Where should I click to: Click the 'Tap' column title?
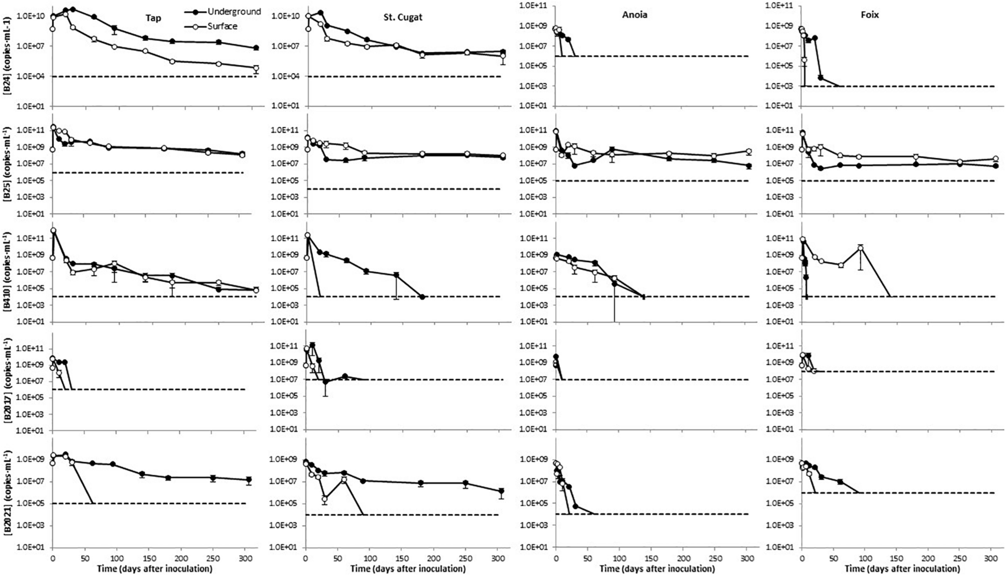coord(153,18)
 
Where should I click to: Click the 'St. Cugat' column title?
coord(403,18)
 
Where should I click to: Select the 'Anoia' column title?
coord(635,15)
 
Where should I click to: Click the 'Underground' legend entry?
coord(234,12)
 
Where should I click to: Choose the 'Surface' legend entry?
coord(223,26)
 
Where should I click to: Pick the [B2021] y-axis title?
coord(7,487)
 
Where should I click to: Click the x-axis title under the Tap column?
coord(155,569)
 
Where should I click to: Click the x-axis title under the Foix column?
coord(902,569)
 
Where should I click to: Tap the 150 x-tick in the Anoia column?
coord(651,559)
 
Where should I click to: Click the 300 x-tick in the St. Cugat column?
coord(497,559)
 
